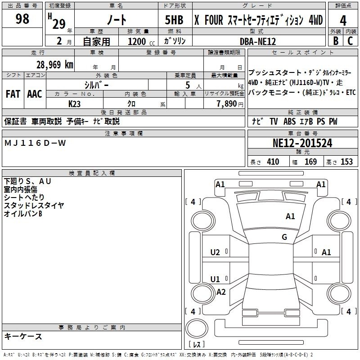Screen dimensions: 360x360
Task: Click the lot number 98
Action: tap(22, 18)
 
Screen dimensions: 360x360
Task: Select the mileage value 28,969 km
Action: tap(54, 65)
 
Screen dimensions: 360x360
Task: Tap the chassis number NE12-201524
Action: tap(302, 143)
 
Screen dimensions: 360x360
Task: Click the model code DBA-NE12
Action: tap(257, 41)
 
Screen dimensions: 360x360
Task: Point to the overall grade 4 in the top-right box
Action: tap(343, 21)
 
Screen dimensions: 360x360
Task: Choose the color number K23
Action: tap(74, 104)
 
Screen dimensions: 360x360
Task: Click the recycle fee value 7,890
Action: tap(227, 103)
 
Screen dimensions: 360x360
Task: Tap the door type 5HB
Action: tap(174, 20)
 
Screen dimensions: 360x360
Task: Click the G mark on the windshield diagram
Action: tap(284, 237)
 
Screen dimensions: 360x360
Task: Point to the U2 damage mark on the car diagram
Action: tap(215, 252)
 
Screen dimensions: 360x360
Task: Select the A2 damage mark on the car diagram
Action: tap(221, 292)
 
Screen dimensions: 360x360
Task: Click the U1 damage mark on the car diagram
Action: tap(215, 279)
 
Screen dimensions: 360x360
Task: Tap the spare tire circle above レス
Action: tap(197, 328)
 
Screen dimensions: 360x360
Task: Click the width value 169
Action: tap(310, 162)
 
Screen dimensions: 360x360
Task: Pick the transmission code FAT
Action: tap(13, 94)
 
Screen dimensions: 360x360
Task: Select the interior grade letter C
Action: tap(350, 41)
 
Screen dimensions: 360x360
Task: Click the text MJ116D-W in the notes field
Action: tap(35, 143)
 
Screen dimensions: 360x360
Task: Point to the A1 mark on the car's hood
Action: tap(290, 216)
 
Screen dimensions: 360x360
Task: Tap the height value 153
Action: tap(346, 162)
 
